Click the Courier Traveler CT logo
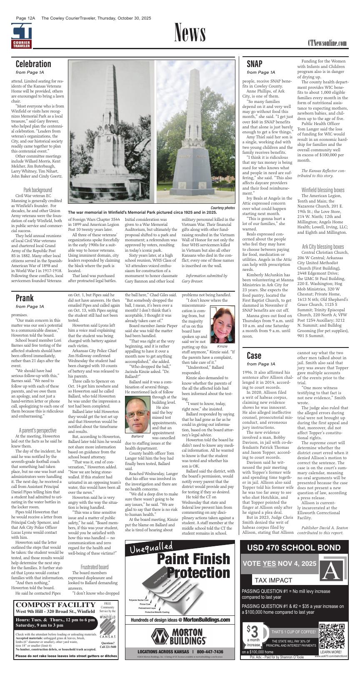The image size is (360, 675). coord(21,36)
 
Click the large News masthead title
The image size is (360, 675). coord(190,33)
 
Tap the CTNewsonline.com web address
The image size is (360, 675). coord(327,43)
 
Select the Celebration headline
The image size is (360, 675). coord(33,64)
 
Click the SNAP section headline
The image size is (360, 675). coord(255,64)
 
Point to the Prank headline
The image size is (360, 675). coord(25,298)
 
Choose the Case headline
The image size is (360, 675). coord(254,355)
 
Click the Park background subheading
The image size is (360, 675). coord(38,190)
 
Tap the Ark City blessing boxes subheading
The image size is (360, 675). coord(323,247)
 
